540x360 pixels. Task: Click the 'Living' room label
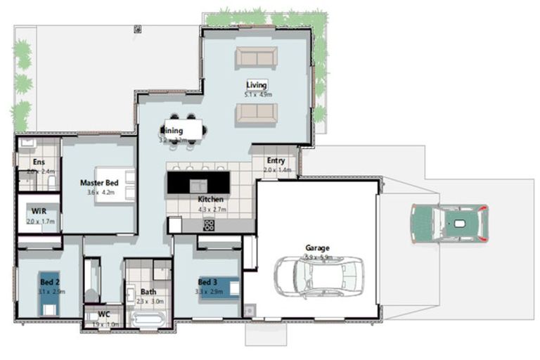[x=257, y=85]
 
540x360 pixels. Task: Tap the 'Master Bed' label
[x=98, y=183]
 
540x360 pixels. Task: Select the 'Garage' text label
[x=317, y=247]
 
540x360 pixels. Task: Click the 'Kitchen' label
[x=211, y=199]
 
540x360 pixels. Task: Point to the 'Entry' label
[x=276, y=160]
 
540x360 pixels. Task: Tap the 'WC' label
[x=104, y=315]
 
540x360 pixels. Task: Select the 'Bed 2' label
[x=49, y=282]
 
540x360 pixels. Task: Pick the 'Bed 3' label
[x=208, y=282]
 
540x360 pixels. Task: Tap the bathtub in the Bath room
[x=148, y=320]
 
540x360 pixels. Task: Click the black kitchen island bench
[x=198, y=183]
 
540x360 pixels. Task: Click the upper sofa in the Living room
[x=256, y=57]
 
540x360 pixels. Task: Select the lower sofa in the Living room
[x=256, y=112]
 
